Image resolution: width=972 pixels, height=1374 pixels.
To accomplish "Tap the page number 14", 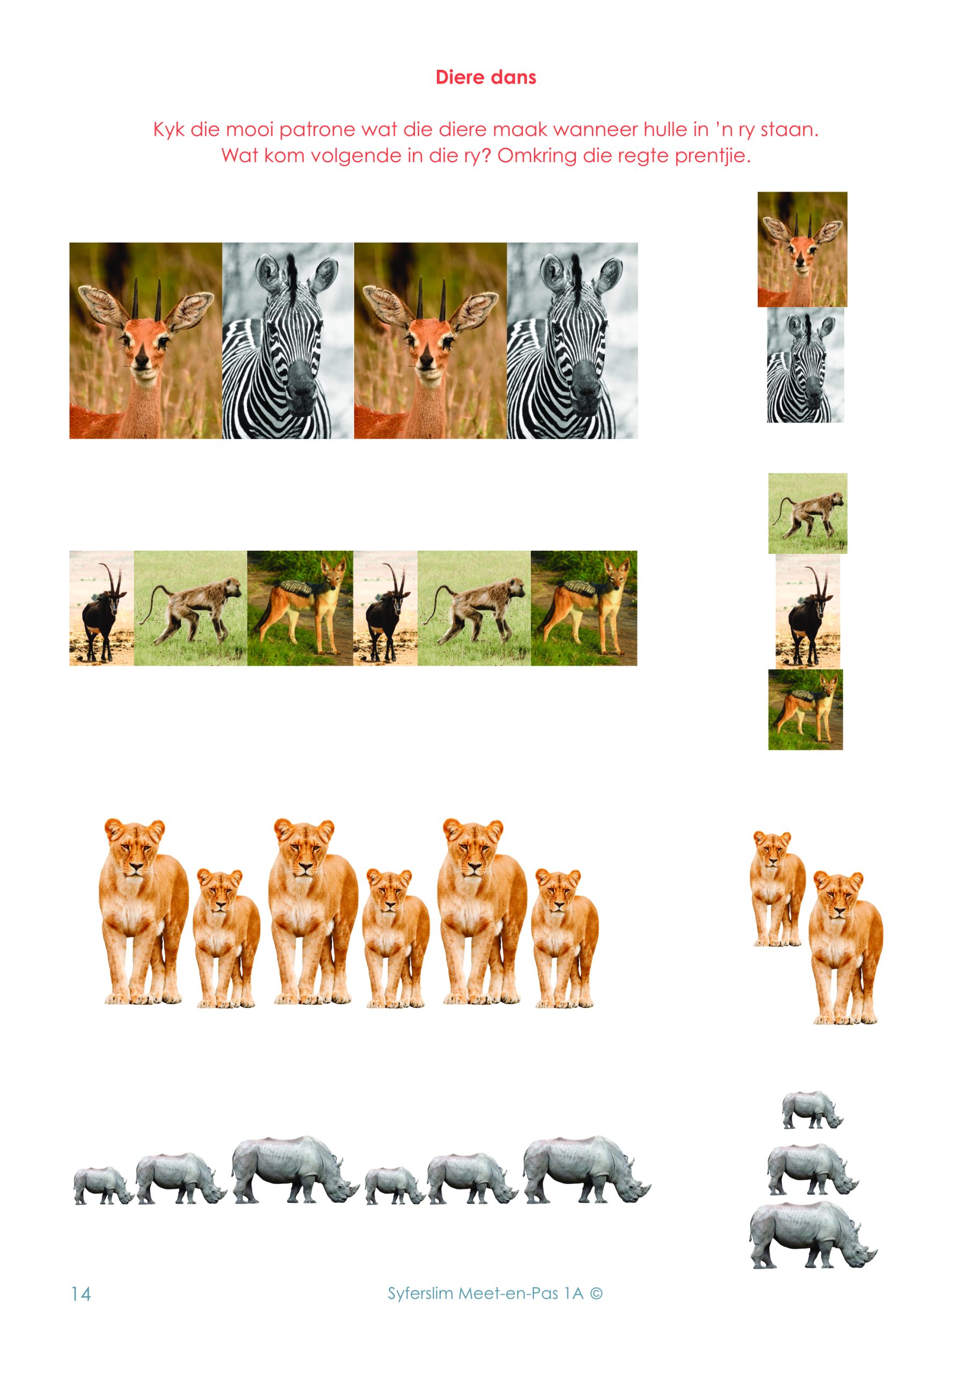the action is click(81, 1294).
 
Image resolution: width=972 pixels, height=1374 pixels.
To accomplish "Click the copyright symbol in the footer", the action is click(596, 1293).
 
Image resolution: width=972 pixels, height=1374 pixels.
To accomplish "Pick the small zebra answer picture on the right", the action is click(806, 365).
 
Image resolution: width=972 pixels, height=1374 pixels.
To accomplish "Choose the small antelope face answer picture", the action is click(802, 250).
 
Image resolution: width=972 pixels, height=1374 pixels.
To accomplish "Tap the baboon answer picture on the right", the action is click(807, 514).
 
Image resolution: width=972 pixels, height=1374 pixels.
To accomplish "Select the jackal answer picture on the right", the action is click(806, 709).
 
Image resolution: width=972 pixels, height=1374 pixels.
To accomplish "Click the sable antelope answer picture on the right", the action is click(808, 612).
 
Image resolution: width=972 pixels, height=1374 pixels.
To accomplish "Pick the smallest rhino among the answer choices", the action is click(812, 1110).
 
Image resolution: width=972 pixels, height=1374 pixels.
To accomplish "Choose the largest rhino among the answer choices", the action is click(812, 1235).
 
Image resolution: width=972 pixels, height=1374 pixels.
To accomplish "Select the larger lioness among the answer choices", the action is click(845, 947).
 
